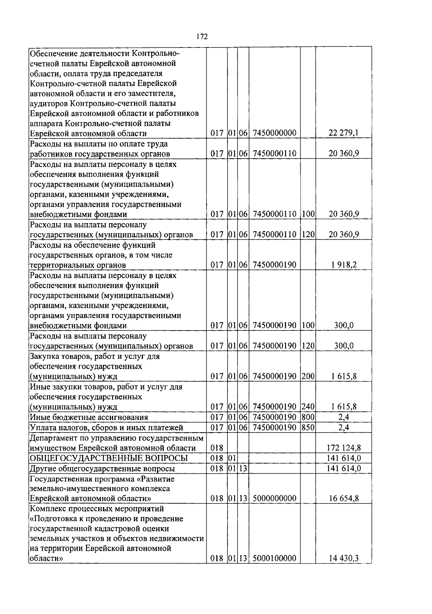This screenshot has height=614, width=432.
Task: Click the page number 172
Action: pyautogui.click(x=202, y=37)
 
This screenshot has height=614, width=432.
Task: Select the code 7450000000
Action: pyautogui.click(x=274, y=134)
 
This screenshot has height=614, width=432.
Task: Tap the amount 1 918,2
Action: pyautogui.click(x=344, y=265)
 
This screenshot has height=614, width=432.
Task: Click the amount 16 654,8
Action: pyautogui.click(x=343, y=499)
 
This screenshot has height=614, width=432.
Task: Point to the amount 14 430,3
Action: pyautogui.click(x=343, y=559)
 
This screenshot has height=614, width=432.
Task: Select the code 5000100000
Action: pyautogui.click(x=274, y=559)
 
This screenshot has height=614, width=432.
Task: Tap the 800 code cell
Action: pyautogui.click(x=308, y=417)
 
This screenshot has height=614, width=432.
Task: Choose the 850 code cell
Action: pyautogui.click(x=308, y=428)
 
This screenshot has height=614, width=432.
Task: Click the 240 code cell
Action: pyautogui.click(x=308, y=407)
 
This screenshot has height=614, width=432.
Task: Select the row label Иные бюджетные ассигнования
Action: pyautogui.click(x=89, y=417)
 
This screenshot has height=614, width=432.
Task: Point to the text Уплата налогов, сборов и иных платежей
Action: pyautogui.click(x=107, y=428)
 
